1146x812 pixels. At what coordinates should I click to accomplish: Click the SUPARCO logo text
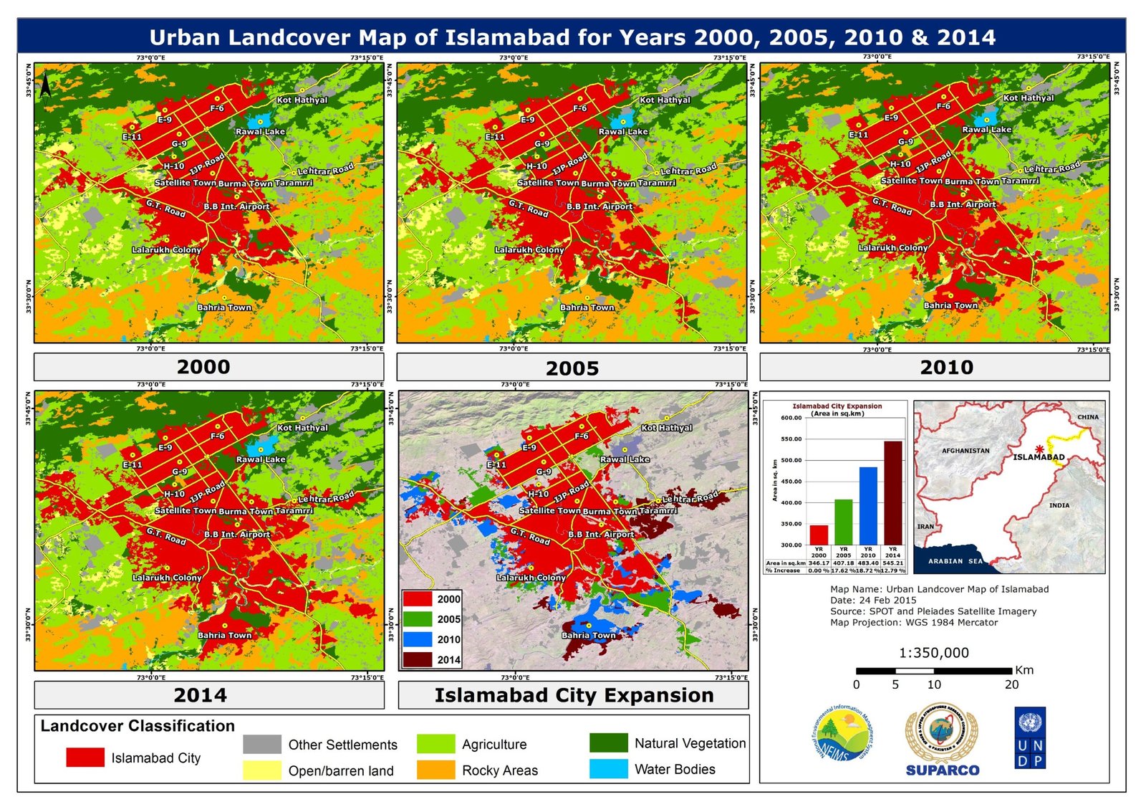point(942,770)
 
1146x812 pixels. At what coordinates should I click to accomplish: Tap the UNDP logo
point(1030,738)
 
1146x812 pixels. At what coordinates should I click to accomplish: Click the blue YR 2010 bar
point(868,506)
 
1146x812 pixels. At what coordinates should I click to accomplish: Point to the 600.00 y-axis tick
point(791,418)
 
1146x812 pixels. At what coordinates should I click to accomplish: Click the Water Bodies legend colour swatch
point(608,769)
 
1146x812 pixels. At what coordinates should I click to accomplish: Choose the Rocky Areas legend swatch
point(435,770)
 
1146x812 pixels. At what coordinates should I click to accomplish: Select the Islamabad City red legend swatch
point(85,758)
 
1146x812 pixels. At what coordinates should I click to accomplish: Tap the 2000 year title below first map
point(203,367)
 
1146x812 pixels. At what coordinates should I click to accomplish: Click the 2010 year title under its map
point(946,368)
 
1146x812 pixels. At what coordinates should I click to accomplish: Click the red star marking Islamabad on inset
point(1039,449)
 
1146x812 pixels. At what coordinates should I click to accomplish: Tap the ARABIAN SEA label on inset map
point(955,561)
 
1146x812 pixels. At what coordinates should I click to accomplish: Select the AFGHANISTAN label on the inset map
point(966,451)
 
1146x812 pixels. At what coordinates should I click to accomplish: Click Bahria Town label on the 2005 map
point(587,307)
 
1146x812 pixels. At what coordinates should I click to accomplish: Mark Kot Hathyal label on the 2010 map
point(1029,98)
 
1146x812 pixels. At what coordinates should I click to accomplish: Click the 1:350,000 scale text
point(934,653)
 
